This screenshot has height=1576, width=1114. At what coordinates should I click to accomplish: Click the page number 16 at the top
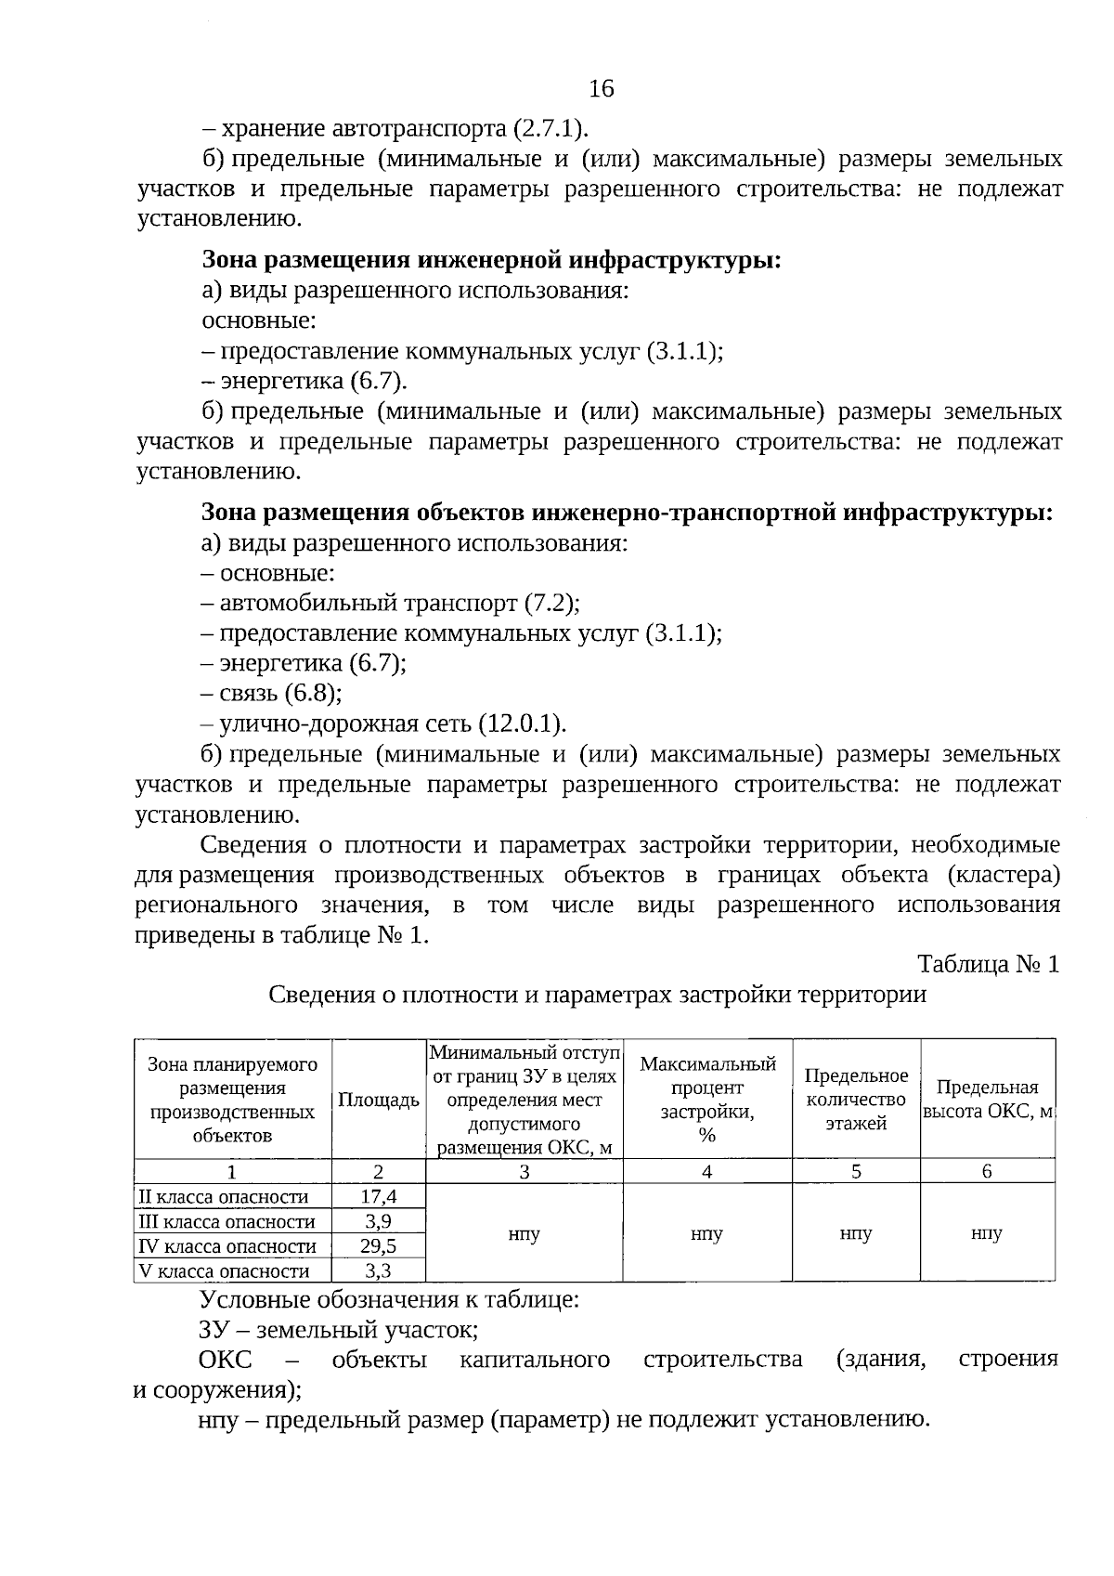pyautogui.click(x=602, y=88)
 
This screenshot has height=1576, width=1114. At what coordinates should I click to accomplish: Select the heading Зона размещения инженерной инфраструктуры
pyautogui.click(x=492, y=260)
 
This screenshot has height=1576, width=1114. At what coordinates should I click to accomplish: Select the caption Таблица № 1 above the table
pyautogui.click(x=988, y=964)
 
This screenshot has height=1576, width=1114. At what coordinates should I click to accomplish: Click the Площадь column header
pyautogui.click(x=379, y=1101)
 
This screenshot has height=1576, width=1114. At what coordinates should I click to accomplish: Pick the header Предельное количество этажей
pyautogui.click(x=856, y=1100)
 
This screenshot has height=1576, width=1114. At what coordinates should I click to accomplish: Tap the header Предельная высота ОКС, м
pyautogui.click(x=988, y=1100)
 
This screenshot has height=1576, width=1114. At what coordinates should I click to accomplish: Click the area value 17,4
pyautogui.click(x=379, y=1197)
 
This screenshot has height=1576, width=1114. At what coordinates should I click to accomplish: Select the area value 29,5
pyautogui.click(x=379, y=1246)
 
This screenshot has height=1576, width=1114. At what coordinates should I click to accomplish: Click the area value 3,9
pyautogui.click(x=379, y=1221)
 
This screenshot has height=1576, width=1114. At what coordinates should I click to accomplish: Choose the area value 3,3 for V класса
pyautogui.click(x=379, y=1270)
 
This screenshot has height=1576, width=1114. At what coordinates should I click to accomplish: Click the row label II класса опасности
pyautogui.click(x=223, y=1197)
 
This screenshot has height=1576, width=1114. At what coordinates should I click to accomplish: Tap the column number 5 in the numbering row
pyautogui.click(x=856, y=1171)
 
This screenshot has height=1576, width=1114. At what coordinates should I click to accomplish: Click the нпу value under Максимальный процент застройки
pyautogui.click(x=706, y=1234)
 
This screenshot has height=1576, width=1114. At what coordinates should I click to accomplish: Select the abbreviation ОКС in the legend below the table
pyautogui.click(x=225, y=1360)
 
